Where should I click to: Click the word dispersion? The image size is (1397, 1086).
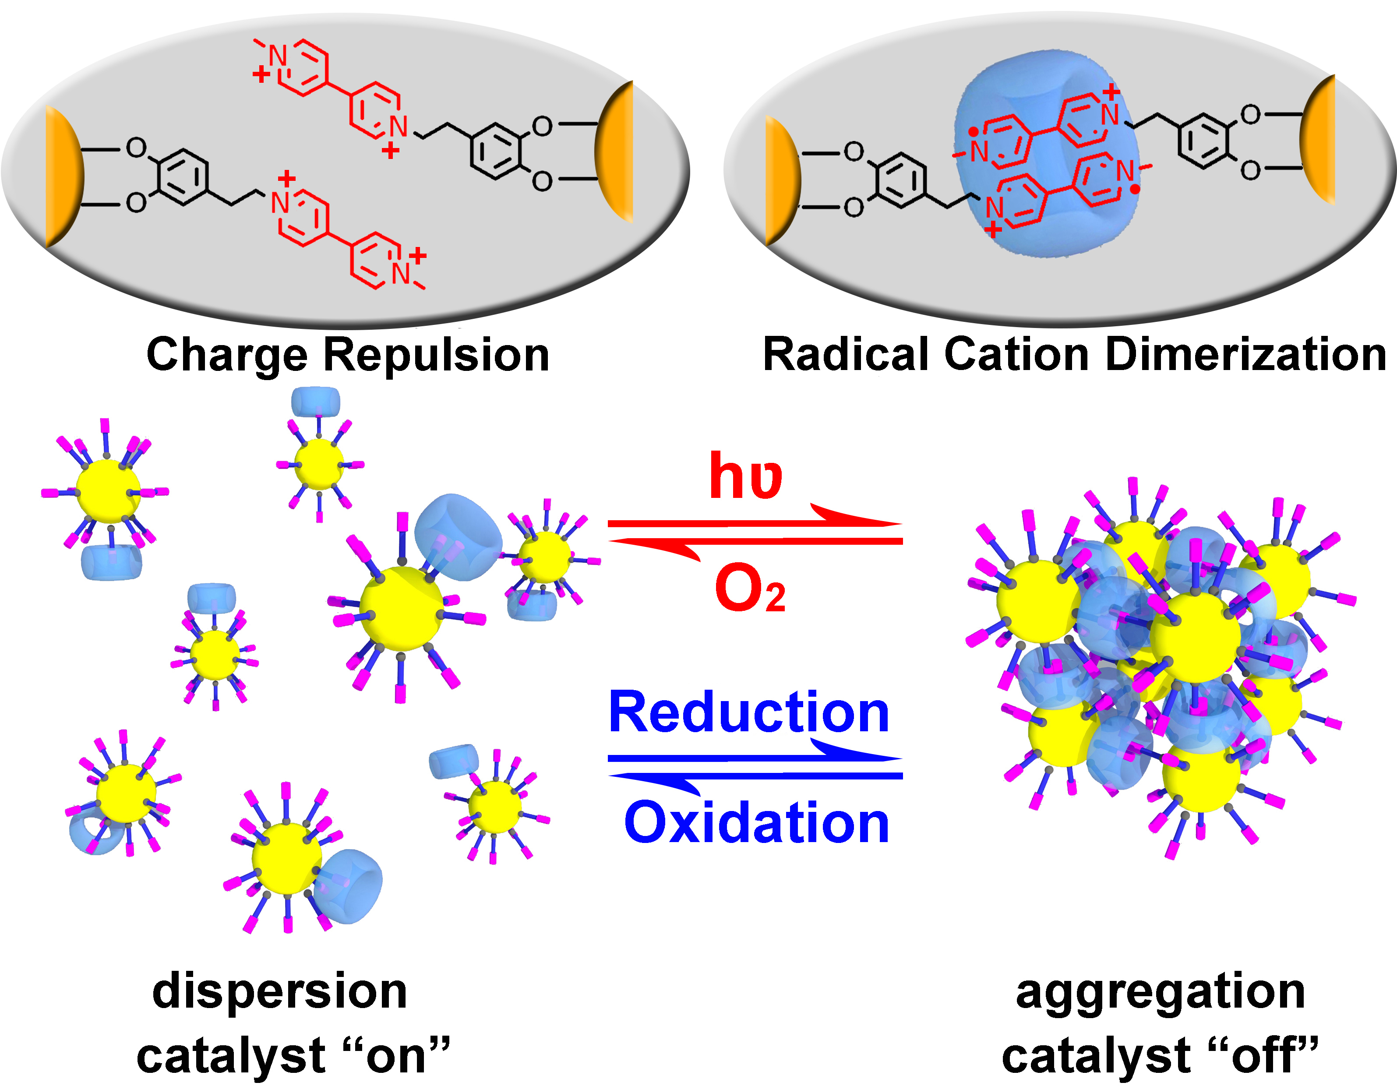pyautogui.click(x=279, y=991)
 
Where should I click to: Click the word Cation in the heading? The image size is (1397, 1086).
pyautogui.click(x=1016, y=355)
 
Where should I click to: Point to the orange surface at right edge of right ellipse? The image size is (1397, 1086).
pyautogui.click(x=1319, y=138)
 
